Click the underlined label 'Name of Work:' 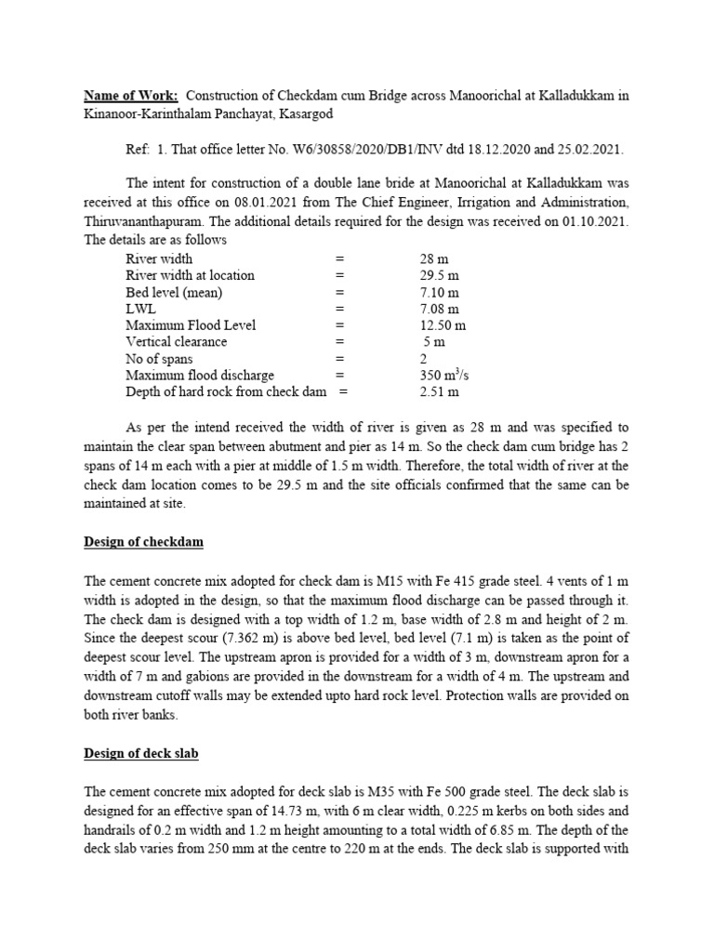(130, 96)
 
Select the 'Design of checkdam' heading (143, 541)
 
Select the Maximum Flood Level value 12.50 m (446, 325)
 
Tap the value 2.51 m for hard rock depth (440, 391)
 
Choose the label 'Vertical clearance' (176, 342)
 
